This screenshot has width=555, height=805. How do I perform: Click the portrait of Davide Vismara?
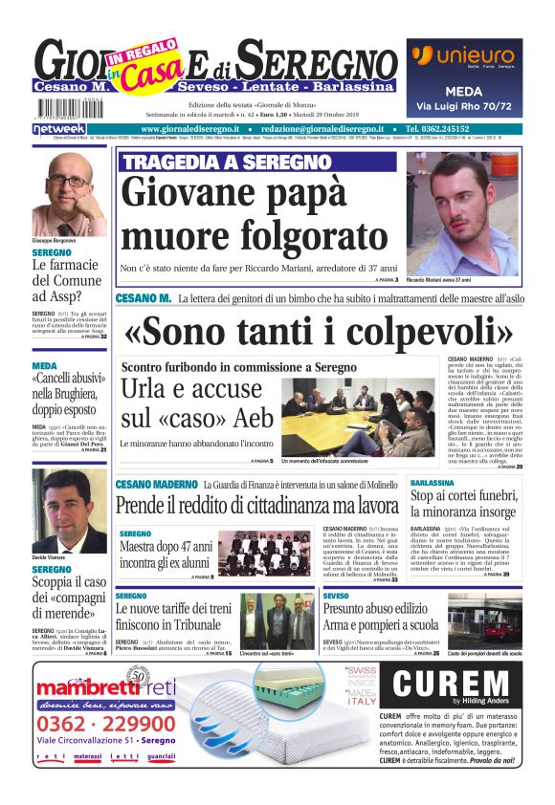(69, 510)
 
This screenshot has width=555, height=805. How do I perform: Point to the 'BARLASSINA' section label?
(433, 484)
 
